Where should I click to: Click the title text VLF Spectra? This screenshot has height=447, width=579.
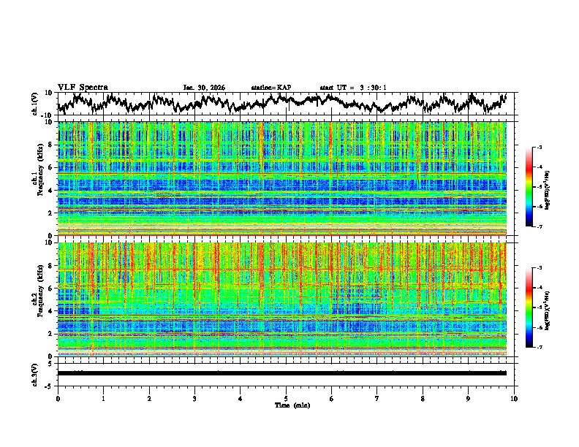pyautogui.click(x=83, y=87)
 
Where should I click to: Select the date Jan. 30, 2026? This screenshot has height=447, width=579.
pyautogui.click(x=204, y=88)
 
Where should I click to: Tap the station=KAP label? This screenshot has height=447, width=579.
pyautogui.click(x=270, y=88)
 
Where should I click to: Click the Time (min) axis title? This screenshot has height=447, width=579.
pyautogui.click(x=286, y=405)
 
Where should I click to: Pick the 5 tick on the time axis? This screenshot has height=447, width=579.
pyautogui.click(x=286, y=398)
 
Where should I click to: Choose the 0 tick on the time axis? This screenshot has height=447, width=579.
pyautogui.click(x=58, y=398)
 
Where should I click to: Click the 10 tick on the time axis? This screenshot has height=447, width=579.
pyautogui.click(x=514, y=398)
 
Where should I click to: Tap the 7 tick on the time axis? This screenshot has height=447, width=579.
pyautogui.click(x=377, y=398)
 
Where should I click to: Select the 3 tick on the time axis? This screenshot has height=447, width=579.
pyautogui.click(x=194, y=398)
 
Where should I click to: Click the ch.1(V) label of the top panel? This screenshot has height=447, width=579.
pyautogui.click(x=37, y=104)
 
